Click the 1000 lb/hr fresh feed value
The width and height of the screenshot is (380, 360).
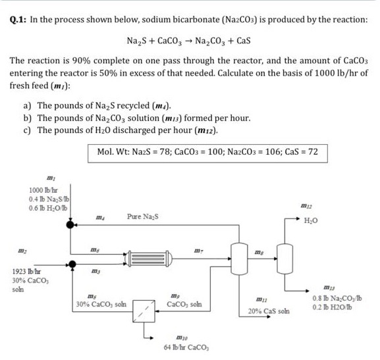(x=41, y=192)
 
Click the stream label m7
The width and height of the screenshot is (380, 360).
(x=199, y=249)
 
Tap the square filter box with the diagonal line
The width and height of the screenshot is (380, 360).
(x=143, y=309)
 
